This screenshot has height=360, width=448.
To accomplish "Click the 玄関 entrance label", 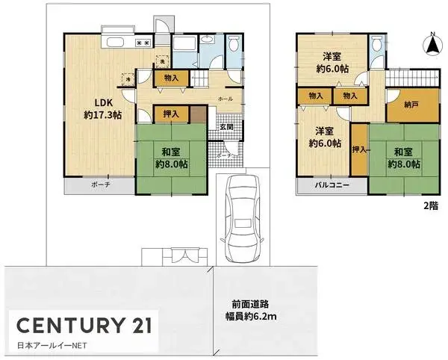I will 226,127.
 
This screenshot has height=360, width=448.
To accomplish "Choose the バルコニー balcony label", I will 327,184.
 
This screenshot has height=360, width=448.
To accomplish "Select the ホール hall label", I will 225,99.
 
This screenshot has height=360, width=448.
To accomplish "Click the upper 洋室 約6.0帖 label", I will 332,62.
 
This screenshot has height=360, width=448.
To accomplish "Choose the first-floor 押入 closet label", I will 171,114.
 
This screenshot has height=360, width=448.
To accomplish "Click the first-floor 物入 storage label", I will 171,77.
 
